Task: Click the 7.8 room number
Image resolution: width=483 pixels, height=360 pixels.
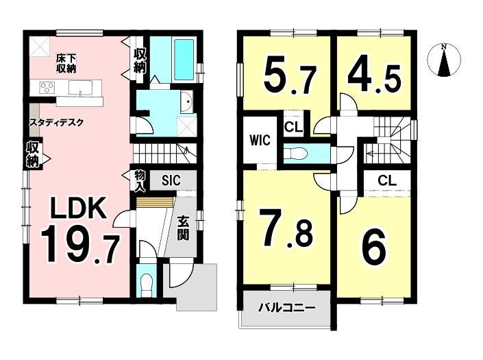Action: tap(286, 228)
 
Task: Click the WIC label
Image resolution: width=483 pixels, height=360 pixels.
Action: tap(260, 141)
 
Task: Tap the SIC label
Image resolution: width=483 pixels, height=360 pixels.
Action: tap(171, 180)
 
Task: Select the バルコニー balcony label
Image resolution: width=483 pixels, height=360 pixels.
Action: tap(287, 307)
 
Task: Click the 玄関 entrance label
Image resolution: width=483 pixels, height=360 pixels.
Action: tap(183, 229)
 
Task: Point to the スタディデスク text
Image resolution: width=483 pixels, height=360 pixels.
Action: tap(56, 123)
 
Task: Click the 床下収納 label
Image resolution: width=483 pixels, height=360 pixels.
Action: tap(66, 64)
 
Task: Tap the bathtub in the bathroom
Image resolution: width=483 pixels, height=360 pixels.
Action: tap(184, 59)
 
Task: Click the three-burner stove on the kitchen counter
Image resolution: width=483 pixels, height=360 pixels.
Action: tap(47, 86)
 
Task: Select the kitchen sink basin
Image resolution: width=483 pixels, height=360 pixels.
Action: tap(80, 88)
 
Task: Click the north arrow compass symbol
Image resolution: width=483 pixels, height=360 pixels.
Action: tap(444, 60)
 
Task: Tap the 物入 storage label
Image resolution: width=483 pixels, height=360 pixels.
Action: tap(140, 180)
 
